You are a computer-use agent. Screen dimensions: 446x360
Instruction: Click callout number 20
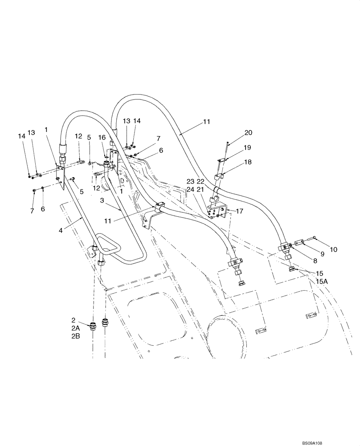pyautogui.click(x=248, y=132)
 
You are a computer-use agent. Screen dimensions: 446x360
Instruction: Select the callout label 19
pyautogui.click(x=247, y=147)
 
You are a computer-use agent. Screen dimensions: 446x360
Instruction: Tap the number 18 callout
pyautogui.click(x=247, y=162)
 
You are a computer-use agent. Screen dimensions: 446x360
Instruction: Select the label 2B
pyautogui.click(x=75, y=337)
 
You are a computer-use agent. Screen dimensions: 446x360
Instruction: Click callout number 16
pyautogui.click(x=102, y=137)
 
